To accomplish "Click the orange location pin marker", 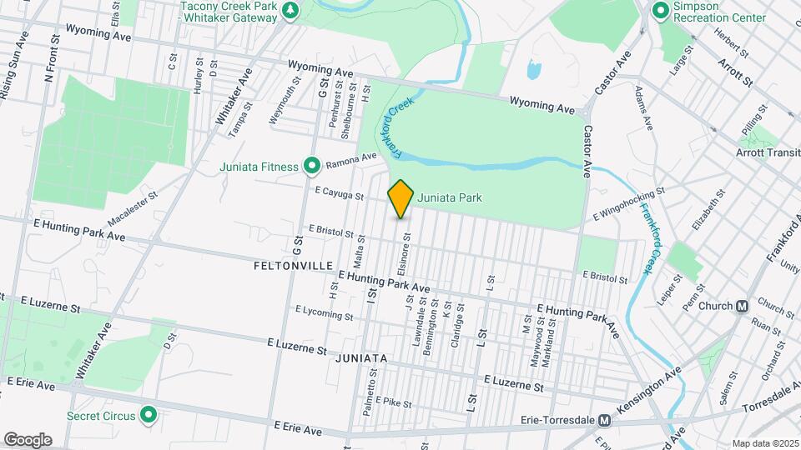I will pos(401,197).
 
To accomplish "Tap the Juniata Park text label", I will pos(451,197).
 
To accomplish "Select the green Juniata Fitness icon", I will pos(312,167).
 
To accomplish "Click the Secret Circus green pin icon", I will pos(149,414).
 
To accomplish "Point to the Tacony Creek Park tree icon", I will pos(290,10).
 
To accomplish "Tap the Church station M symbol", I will pos(741,306).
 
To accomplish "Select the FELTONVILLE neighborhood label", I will pos(294,265).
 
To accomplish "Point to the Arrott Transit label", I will pos(766,152).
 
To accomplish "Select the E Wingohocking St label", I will pos(628,204).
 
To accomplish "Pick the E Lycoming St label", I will pos(324,312).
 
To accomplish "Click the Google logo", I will pos(28,439).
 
